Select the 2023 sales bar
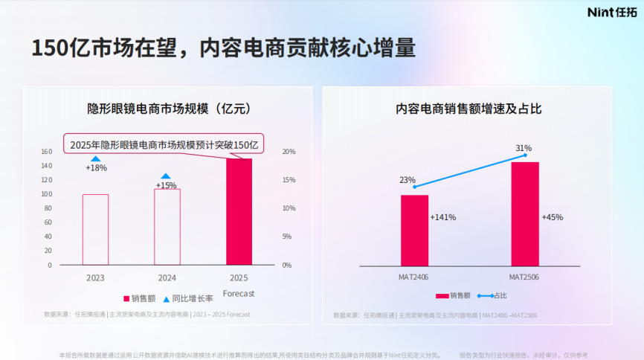point(95,229)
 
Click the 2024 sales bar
point(167,227)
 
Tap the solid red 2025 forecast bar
point(239,212)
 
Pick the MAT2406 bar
point(414,230)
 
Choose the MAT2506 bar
point(525,213)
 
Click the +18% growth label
point(96,168)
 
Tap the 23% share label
point(408,180)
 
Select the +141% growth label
point(443,217)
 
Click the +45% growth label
point(553,217)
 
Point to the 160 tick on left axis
point(46,152)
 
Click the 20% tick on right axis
point(289,152)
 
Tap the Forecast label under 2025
point(239,294)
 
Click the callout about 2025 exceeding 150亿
point(164,145)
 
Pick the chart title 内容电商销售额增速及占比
point(468,109)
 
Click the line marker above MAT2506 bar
point(525,155)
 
